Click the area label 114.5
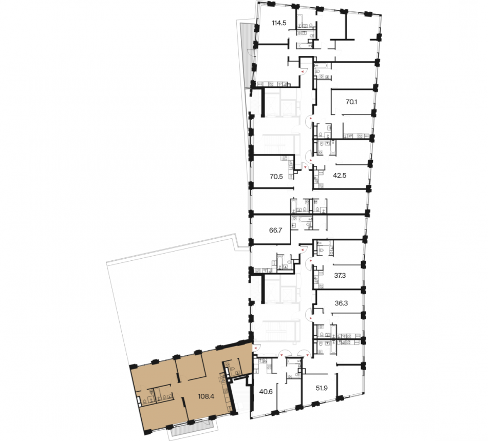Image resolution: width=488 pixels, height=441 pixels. pos(279,23)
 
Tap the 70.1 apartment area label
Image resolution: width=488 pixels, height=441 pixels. pos(351,102)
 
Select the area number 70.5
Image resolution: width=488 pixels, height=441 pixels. pos(276,177)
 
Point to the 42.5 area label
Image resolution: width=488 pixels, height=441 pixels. pos(340,176)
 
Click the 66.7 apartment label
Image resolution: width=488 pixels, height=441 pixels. pos(275,231)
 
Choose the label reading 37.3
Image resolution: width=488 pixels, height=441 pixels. pos(340,276)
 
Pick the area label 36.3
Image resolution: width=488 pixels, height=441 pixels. pos(341,303)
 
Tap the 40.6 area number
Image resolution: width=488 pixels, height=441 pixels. pos(266,392)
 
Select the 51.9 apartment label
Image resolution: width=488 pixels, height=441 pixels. pos(322,388)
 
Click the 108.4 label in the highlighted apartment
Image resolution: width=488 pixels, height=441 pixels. pos(206,396)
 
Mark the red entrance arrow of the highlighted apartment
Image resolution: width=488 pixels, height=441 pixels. pos(255,348)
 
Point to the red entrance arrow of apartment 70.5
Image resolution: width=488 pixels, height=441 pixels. pos(305,167)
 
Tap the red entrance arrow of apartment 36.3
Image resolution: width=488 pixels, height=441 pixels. pos(310,318)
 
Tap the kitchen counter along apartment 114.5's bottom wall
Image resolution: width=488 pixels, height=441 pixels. pos(271,84)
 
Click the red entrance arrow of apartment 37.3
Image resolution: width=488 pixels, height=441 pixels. pos(310,261)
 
